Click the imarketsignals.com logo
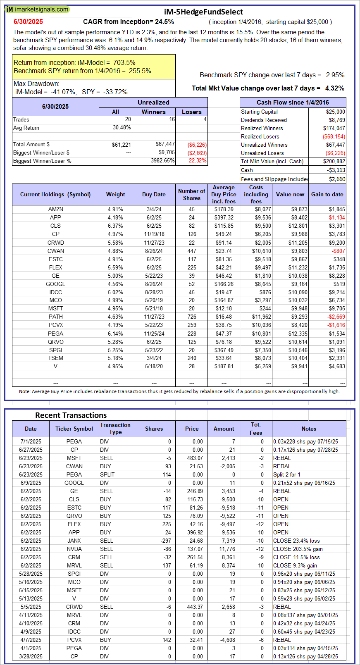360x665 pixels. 37,9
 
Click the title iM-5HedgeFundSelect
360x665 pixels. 203,12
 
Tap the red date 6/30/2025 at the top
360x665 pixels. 28,22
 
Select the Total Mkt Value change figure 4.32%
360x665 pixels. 335,88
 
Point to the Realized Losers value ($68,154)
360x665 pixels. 334,136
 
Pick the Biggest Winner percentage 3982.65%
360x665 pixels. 162,161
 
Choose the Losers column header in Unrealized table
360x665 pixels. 192,112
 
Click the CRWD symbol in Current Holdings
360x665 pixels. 55,243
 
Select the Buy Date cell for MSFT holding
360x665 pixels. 154,308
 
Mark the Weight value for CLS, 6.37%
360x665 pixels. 115,226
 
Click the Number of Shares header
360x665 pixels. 191,194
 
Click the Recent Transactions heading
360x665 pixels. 71,415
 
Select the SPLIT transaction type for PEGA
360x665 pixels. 107,474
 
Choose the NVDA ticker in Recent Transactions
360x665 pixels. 74,549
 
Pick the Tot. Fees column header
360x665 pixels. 256,429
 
